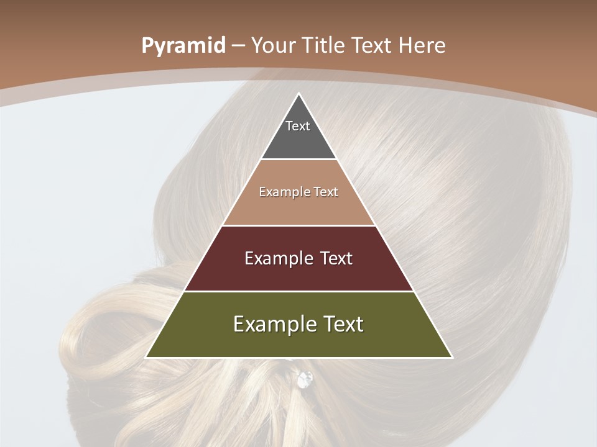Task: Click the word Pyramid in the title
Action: (x=183, y=46)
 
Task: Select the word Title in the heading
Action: (x=326, y=46)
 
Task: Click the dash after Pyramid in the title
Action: (x=238, y=46)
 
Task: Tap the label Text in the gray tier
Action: (x=298, y=126)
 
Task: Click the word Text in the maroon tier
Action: (x=333, y=258)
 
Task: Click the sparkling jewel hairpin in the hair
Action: (x=305, y=379)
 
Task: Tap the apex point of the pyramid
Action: (x=298, y=94)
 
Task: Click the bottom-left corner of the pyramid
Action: (x=146, y=357)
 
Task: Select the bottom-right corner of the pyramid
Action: (x=452, y=357)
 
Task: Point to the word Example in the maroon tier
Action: (x=274, y=258)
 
